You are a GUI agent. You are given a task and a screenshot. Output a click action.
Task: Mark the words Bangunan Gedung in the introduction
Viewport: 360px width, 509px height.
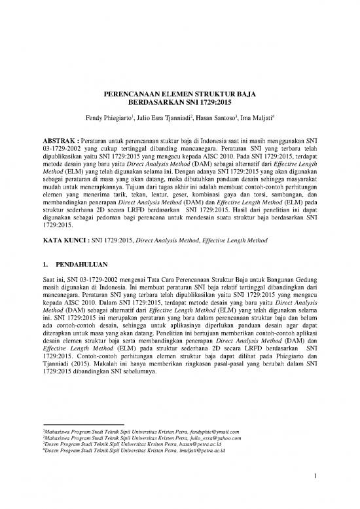tap(295, 280)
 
